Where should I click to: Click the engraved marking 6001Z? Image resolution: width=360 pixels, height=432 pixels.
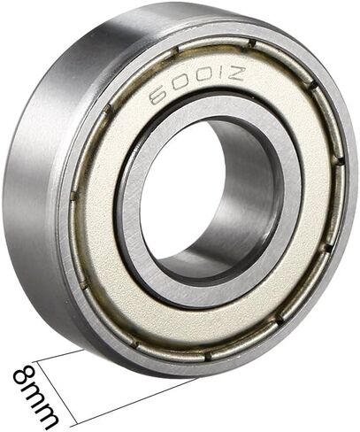click(196, 85)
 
